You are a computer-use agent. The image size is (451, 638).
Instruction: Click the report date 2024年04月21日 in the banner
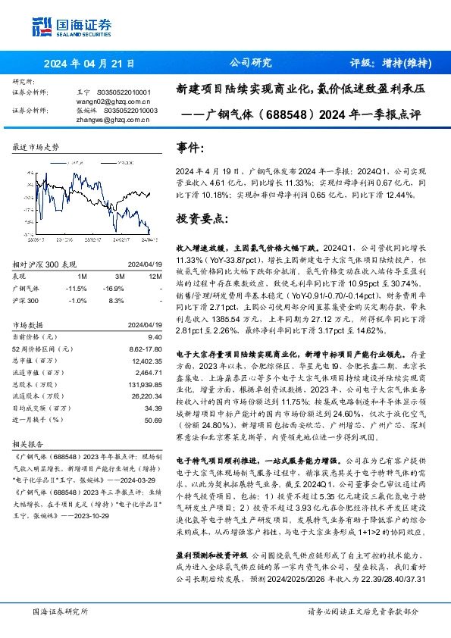(x=89, y=64)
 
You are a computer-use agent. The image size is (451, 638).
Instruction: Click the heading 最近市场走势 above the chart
(x=36, y=148)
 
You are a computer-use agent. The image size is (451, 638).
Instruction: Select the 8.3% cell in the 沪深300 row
(x=116, y=301)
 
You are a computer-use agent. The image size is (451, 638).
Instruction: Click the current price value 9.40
(x=155, y=336)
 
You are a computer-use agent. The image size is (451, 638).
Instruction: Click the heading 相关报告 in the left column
(x=30, y=446)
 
